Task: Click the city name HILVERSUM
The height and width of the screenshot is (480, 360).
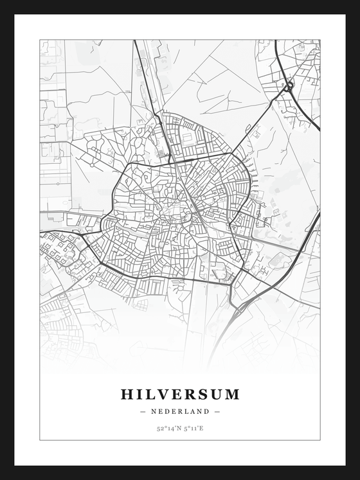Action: (180, 394)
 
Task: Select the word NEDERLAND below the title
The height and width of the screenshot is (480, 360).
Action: (180, 411)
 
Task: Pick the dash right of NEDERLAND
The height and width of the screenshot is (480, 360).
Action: (217, 411)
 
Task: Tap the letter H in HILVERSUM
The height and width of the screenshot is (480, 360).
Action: (127, 394)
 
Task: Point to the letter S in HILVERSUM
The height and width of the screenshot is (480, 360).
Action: (204, 394)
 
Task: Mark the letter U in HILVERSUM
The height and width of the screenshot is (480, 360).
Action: (217, 394)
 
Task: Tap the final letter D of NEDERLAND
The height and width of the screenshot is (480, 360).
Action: (207, 411)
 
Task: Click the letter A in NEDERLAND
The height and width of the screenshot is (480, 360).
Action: (192, 411)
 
